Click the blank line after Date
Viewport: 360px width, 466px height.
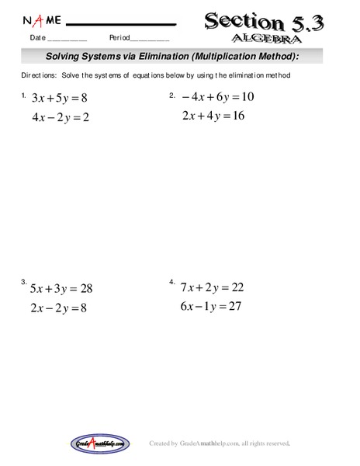(x=67, y=39)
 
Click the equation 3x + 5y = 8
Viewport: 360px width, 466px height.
(x=59, y=99)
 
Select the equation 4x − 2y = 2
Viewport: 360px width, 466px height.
(x=60, y=117)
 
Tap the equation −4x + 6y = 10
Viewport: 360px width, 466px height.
(x=218, y=97)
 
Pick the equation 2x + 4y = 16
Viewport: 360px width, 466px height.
(x=213, y=116)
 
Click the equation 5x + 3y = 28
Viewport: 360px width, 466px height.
(x=61, y=288)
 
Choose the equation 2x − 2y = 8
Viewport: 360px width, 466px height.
(x=60, y=308)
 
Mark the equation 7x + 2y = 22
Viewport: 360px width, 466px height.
(x=212, y=287)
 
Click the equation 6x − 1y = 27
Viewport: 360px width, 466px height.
(x=212, y=306)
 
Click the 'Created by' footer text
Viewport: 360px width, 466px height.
(x=164, y=443)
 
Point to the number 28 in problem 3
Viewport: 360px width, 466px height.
(x=85, y=288)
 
